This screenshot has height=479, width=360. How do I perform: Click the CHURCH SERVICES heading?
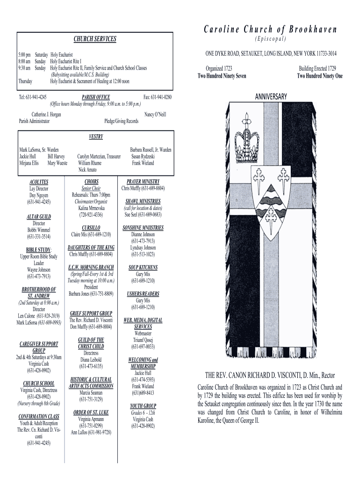pyautogui.click(x=95, y=39)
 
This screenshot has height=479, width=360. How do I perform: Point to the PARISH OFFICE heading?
pyautogui.click(x=96, y=97)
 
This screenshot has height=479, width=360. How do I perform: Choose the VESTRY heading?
pyautogui.click(x=95, y=137)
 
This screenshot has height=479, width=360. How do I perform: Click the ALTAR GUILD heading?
pyautogui.click(x=39, y=217)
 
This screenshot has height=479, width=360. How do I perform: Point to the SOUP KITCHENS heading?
pyautogui.click(x=143, y=268)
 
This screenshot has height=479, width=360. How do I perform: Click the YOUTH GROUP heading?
pyautogui.click(x=143, y=406)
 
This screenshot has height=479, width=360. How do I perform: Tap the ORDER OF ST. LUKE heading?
pyautogui.click(x=91, y=413)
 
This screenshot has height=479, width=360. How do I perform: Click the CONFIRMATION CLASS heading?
pyautogui.click(x=39, y=416)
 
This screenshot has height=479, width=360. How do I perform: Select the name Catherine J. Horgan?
pyautogui.click(x=46, y=114)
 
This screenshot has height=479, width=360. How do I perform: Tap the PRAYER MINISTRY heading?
pyautogui.click(x=143, y=181)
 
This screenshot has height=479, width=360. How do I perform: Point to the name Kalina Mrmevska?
pyautogui.click(x=92, y=208)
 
